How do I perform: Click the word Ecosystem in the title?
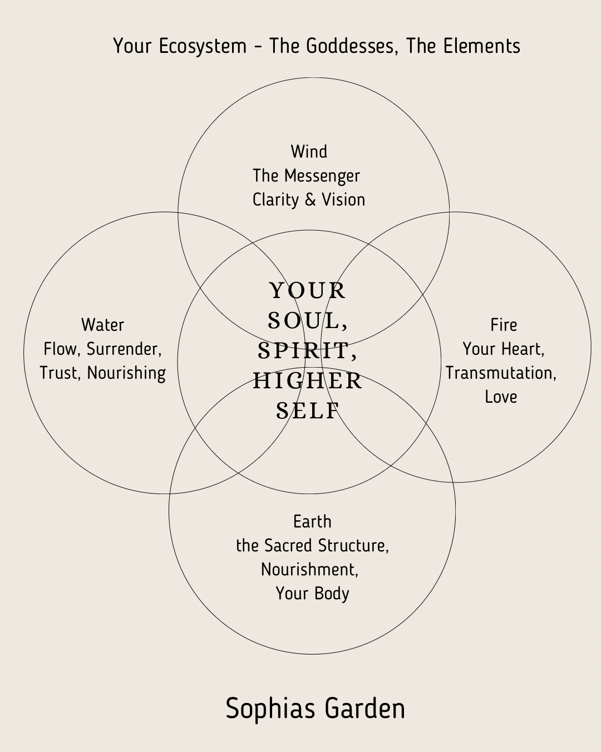point(203,46)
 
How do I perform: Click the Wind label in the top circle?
point(309,152)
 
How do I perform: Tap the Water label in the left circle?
point(102,325)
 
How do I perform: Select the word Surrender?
point(124,349)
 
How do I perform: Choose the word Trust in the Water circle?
point(60,373)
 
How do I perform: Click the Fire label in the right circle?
point(504,325)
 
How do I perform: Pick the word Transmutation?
point(500,373)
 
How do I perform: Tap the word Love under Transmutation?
point(501,397)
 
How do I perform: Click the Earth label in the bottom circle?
point(312,522)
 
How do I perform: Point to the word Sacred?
point(288,546)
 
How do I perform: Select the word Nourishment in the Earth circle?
point(309,570)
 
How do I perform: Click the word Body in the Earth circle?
point(331,594)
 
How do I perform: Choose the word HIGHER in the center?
point(308,381)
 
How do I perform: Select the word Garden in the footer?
point(364,709)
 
